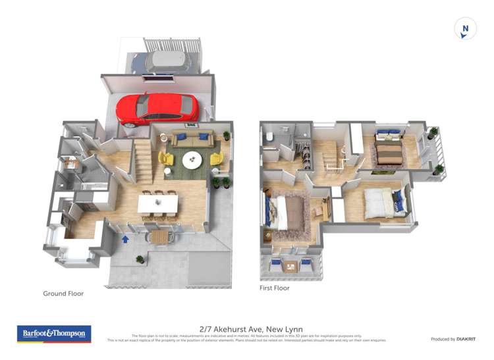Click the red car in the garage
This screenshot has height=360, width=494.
(158, 109)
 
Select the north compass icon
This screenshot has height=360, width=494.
(465, 29)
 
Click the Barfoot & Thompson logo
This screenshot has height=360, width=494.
(54, 334)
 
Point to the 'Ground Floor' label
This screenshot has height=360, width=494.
(63, 294)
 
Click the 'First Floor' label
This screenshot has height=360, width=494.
(275, 288)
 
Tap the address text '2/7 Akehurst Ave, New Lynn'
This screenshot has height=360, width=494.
(246, 328)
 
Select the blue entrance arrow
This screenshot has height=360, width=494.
(125, 238)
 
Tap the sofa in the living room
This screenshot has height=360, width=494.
(190, 140)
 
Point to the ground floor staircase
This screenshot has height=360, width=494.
(143, 163)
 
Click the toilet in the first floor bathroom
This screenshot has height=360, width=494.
(270, 138)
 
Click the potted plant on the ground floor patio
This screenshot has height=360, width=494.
(140, 260)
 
